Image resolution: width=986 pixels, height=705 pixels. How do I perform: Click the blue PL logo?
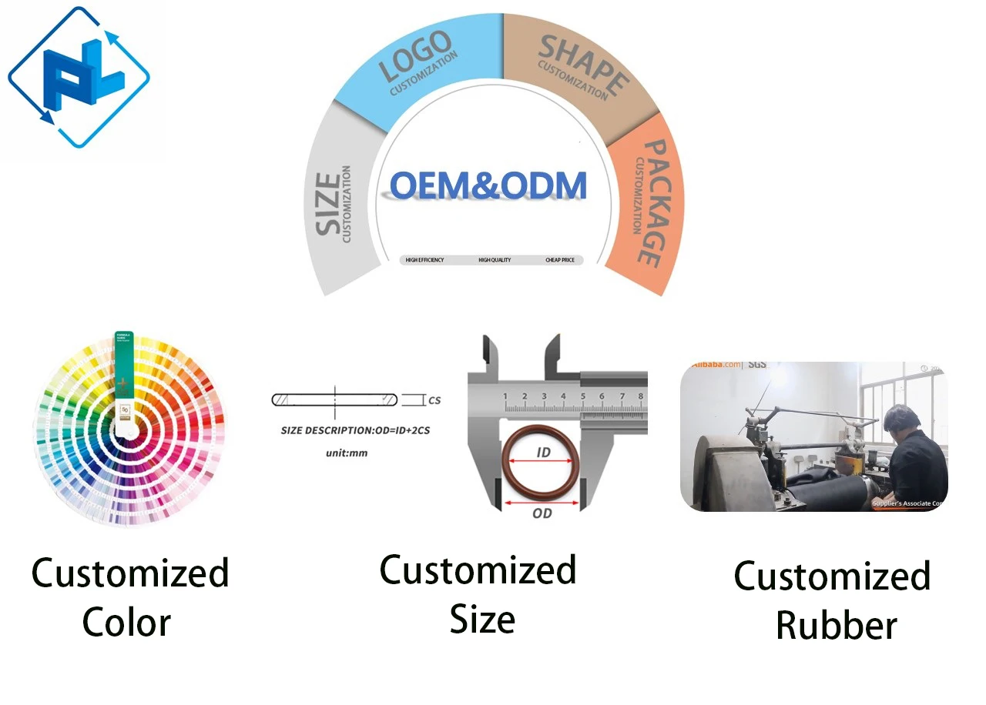[78, 77]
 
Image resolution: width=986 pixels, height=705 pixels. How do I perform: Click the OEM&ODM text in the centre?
[488, 185]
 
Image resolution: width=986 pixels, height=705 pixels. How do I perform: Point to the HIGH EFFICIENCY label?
[424, 260]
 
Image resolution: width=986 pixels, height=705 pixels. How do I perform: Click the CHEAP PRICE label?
[560, 260]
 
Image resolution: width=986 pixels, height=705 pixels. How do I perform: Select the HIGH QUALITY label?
[495, 260]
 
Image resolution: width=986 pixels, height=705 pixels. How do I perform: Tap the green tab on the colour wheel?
[123, 362]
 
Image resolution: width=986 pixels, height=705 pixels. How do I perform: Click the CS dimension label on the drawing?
[434, 400]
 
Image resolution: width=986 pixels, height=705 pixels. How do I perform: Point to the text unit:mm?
[347, 453]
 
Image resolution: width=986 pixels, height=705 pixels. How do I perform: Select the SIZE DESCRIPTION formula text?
[355, 430]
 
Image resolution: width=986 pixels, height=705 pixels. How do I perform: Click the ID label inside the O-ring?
[543, 453]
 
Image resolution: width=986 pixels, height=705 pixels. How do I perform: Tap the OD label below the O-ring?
[542, 513]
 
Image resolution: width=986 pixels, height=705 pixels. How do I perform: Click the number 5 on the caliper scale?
[583, 397]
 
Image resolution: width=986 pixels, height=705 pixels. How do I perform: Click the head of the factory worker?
[900, 420]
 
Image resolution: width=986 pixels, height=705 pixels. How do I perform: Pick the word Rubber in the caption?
[836, 625]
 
